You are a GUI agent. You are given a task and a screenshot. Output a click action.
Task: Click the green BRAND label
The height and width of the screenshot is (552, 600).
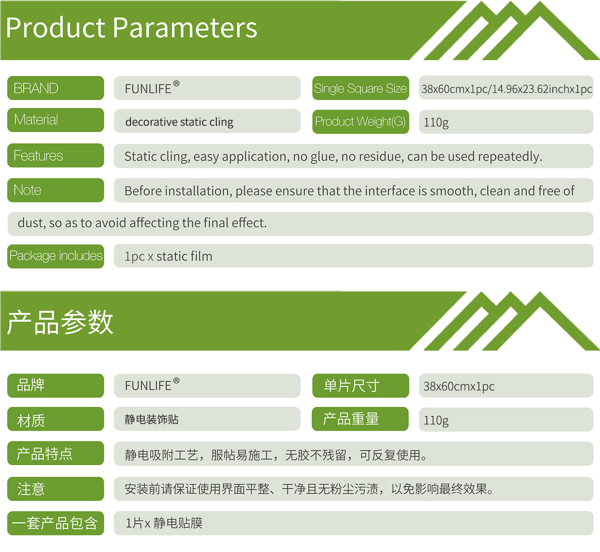tap(56, 88)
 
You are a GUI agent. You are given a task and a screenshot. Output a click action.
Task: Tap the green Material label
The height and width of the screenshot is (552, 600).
tap(56, 120)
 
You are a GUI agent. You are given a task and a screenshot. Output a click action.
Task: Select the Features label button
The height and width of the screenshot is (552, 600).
tap(56, 155)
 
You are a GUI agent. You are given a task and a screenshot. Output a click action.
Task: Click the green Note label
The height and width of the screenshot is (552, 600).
tap(56, 190)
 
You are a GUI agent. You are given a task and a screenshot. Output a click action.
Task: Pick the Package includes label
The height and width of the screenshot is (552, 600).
tap(56, 256)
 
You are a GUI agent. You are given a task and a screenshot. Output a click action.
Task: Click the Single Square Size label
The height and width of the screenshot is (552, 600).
tap(361, 88)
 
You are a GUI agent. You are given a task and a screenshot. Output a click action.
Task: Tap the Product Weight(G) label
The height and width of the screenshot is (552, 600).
tap(361, 122)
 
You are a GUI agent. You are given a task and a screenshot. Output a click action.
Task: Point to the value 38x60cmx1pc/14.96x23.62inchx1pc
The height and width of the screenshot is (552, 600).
tap(507, 89)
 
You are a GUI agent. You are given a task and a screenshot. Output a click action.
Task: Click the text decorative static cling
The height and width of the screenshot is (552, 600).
tap(180, 122)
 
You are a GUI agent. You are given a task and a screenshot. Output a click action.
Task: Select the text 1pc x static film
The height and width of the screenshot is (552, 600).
tap(168, 256)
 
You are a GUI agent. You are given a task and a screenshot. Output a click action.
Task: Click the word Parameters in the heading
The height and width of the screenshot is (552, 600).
tap(185, 28)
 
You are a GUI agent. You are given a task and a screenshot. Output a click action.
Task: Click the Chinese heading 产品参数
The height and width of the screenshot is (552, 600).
tap(60, 322)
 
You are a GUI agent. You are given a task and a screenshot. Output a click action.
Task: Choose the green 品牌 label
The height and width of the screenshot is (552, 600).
tap(56, 386)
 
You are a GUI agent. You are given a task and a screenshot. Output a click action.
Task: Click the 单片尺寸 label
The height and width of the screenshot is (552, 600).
tap(361, 386)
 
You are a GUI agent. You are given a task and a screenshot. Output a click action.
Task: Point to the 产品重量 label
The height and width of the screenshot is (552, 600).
tap(360, 419)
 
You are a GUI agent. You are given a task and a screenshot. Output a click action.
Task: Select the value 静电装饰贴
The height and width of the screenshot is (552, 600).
tap(152, 420)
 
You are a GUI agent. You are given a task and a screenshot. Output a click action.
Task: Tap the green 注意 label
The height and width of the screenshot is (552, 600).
tap(56, 489)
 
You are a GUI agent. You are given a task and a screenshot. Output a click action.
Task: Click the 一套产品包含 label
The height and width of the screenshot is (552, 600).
tap(56, 523)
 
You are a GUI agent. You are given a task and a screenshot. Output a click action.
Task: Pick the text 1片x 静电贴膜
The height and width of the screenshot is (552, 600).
tap(164, 523)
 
